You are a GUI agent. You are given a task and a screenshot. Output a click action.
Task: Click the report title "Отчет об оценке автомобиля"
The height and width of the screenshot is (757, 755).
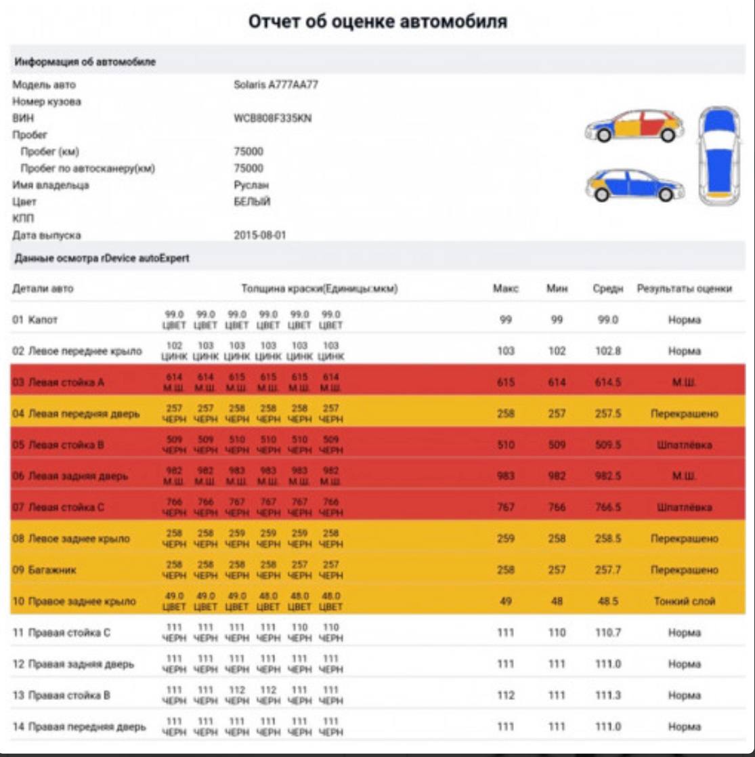[x=377, y=22]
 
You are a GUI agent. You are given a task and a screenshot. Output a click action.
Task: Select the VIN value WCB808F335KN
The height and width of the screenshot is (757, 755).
[x=272, y=118]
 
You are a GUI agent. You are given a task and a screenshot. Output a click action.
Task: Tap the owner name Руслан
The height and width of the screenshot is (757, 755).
[x=251, y=185]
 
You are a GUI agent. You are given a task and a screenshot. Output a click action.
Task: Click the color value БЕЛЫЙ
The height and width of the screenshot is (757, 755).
[x=252, y=202]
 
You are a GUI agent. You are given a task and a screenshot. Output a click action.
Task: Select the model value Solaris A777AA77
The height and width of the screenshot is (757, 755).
[x=276, y=85]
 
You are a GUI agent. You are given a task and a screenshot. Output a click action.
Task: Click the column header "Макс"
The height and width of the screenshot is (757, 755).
[x=505, y=289]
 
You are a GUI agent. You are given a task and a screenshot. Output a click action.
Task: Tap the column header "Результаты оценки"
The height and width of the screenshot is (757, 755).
[x=684, y=289]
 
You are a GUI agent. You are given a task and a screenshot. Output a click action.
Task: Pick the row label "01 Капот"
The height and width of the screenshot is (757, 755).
[x=35, y=320]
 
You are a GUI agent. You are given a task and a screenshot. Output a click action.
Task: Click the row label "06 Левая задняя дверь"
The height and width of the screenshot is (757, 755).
[x=70, y=476]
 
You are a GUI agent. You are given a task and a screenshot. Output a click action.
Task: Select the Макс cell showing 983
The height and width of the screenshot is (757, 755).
[x=505, y=476]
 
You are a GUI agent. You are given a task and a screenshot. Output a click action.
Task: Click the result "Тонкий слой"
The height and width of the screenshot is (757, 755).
[x=684, y=601]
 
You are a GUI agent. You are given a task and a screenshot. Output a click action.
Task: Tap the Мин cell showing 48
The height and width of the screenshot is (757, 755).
[x=556, y=601]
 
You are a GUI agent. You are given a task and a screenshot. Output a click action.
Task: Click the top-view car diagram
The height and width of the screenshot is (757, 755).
[x=719, y=156]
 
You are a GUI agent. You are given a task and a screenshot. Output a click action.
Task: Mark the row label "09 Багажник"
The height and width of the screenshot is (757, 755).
[x=44, y=570]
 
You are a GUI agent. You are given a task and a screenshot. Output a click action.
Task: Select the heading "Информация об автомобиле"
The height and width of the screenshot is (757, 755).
[x=85, y=62]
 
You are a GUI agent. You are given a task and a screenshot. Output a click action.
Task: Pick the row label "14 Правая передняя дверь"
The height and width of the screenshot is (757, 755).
[x=79, y=727]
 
